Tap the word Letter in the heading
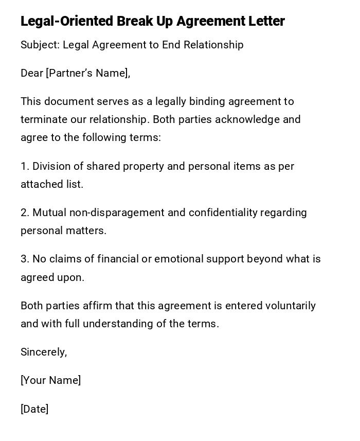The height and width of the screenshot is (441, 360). pyautogui.click(x=266, y=21)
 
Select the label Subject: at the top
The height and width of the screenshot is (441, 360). pyautogui.click(x=40, y=45)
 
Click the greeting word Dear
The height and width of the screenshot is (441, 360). pyautogui.click(x=32, y=73)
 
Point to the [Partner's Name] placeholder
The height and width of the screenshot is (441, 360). pyautogui.click(x=87, y=73)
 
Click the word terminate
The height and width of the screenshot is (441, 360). pyautogui.click(x=44, y=119)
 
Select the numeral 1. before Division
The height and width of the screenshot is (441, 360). pyautogui.click(x=25, y=166)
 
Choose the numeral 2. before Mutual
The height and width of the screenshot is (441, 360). pyautogui.click(x=25, y=213)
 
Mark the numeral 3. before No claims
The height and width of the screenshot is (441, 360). pyautogui.click(x=25, y=259)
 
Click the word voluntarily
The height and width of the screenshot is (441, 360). pyautogui.click(x=291, y=306)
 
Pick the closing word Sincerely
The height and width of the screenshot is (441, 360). pyautogui.click(x=43, y=352)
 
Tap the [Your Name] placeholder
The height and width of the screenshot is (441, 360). pyautogui.click(x=50, y=380)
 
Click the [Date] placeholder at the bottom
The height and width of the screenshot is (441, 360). pyautogui.click(x=34, y=409)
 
